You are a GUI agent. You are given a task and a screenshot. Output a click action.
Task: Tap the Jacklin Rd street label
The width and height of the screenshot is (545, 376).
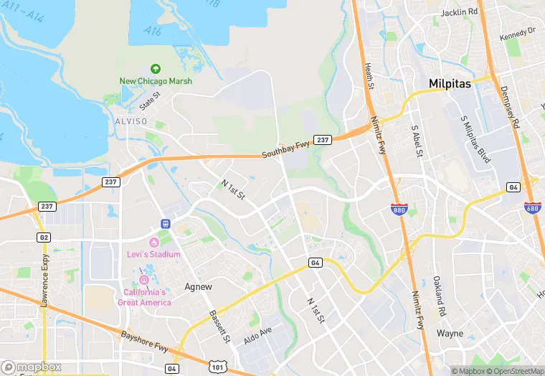click(460, 12)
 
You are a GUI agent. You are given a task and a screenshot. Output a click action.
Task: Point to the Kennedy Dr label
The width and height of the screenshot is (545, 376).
click(518, 33)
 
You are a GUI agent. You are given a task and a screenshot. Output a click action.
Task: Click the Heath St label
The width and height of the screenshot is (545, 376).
click(369, 76)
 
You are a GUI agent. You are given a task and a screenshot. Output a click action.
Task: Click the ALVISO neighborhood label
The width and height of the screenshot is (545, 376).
click(131, 121)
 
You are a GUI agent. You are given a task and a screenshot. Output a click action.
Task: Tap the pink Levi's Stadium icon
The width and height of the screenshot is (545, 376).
click(154, 242)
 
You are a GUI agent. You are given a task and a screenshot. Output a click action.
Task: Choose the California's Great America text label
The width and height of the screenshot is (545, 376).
click(144, 297)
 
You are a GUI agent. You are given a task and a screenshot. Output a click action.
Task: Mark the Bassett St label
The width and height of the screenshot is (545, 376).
click(218, 325)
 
